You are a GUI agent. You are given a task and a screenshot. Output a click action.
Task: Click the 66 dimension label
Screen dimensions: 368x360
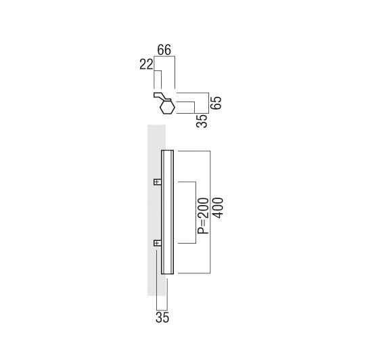[164, 50]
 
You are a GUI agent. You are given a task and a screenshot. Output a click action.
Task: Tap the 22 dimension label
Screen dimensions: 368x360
[146, 64]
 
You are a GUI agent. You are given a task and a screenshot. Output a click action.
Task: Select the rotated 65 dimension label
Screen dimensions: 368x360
[216, 103]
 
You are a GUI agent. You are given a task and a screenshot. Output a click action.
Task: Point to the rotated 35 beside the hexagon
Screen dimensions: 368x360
[202, 121]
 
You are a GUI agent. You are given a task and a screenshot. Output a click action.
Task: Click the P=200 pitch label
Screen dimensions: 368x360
[203, 216]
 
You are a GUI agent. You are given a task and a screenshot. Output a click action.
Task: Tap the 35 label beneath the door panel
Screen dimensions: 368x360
[162, 318]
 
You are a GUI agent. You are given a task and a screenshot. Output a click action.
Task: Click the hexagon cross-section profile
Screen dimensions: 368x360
[167, 107]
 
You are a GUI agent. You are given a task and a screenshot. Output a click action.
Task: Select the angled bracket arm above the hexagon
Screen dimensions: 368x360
[161, 96]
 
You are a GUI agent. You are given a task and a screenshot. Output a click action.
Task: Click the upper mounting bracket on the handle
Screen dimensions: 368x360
[158, 182]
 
